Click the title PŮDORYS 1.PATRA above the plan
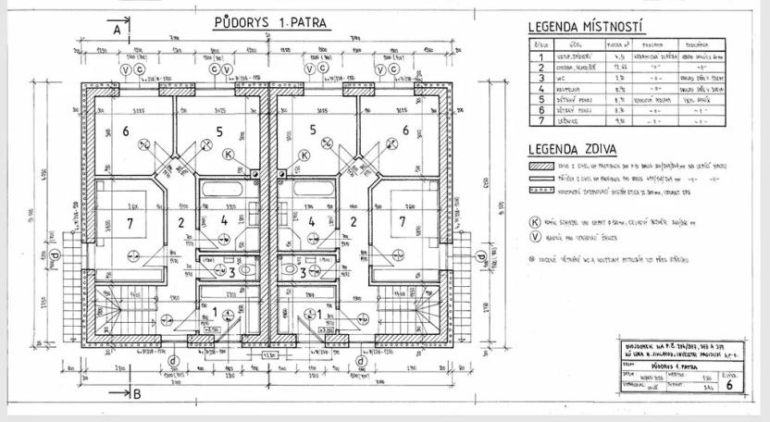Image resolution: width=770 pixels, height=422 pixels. [x=263, y=20]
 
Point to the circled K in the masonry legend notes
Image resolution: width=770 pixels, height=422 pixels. [x=533, y=222]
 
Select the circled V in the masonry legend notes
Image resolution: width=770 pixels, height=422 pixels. [x=533, y=237]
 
